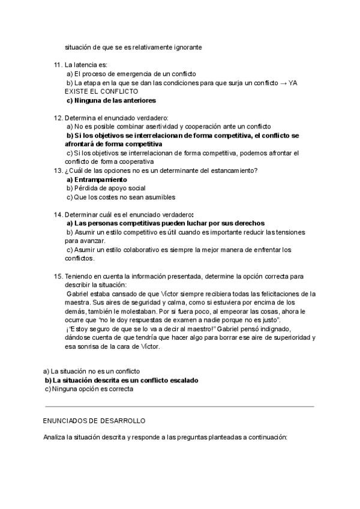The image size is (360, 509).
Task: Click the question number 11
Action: click(x=58, y=64)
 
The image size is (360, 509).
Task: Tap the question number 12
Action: click(x=58, y=118)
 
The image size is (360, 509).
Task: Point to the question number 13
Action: click(x=58, y=170)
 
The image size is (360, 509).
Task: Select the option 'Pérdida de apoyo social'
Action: click(x=101, y=188)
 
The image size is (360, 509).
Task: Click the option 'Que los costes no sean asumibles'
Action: click(x=121, y=197)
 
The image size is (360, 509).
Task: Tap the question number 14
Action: click(x=58, y=214)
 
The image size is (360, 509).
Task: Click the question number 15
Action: click(x=58, y=276)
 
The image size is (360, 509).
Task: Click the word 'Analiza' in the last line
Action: click(x=55, y=438)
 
